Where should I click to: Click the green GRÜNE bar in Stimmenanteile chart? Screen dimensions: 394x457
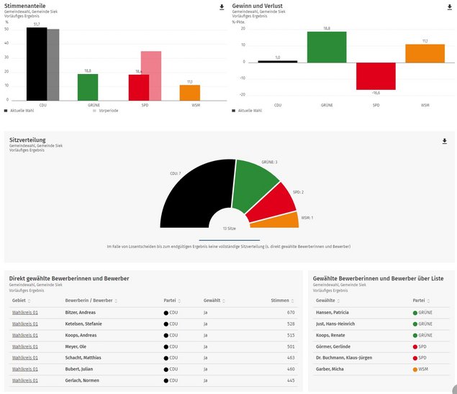88,87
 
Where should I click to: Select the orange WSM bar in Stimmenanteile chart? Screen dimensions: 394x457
190,93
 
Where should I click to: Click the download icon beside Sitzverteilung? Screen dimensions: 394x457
444,142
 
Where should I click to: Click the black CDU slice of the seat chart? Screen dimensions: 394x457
194,194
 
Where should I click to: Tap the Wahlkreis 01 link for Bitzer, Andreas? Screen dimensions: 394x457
25,313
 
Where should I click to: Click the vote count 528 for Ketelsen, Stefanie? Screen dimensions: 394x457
290,324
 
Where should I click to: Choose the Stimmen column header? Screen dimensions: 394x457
280,301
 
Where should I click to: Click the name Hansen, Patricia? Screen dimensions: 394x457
332,313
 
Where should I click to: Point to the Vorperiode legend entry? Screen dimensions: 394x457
107,111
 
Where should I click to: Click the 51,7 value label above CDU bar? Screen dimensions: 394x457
37,24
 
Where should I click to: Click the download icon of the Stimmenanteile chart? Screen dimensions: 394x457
222,7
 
